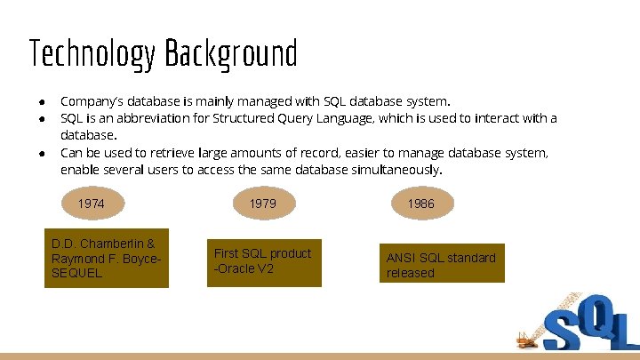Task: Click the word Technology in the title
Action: [x=91, y=55]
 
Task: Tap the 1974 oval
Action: [x=91, y=204]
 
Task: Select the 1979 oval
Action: [x=262, y=204]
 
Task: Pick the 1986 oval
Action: [x=420, y=204]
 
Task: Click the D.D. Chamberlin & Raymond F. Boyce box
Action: [x=106, y=259]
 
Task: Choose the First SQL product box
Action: [x=263, y=261]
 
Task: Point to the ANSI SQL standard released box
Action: [x=442, y=264]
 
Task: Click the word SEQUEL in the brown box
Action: [x=77, y=273]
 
